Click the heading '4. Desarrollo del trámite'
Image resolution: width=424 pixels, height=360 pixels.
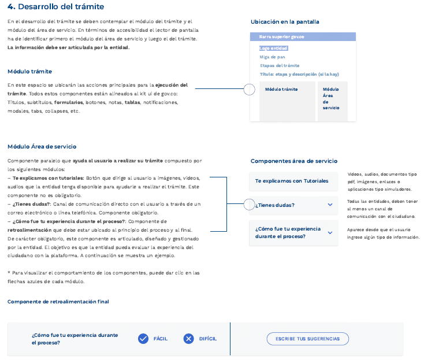point(56,7)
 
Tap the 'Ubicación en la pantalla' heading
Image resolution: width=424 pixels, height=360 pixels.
point(285,22)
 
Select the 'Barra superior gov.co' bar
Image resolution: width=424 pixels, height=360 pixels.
point(303,36)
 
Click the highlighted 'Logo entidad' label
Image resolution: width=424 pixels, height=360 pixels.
point(274,49)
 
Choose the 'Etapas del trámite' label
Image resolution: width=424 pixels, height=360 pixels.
point(280,66)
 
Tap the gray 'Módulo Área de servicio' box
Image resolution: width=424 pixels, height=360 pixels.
point(332,101)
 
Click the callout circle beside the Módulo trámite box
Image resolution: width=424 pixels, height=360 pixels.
point(249,90)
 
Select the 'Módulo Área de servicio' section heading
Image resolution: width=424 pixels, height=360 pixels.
point(42,147)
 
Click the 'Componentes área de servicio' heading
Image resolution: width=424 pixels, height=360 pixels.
point(294,161)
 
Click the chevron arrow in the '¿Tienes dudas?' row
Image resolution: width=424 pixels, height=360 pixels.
point(330,205)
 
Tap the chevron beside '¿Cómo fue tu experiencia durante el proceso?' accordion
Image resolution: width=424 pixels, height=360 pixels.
point(330,232)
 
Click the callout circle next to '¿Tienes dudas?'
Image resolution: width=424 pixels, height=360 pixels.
point(248,205)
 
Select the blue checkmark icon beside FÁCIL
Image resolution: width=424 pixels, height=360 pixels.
point(143,339)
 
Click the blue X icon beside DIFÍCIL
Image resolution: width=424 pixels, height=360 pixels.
point(188,339)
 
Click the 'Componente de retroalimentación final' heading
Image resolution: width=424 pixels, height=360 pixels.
point(58,302)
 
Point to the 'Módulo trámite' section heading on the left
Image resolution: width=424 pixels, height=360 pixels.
point(29,72)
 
